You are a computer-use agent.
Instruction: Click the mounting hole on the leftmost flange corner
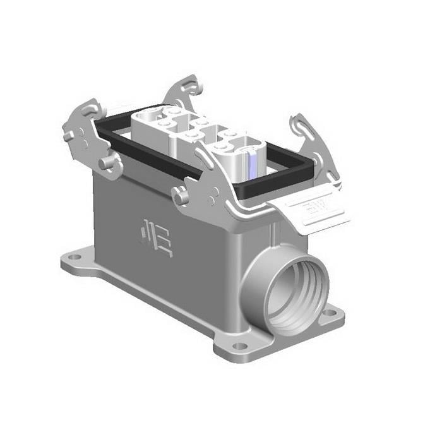75,257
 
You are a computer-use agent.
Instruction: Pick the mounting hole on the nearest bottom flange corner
238,345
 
